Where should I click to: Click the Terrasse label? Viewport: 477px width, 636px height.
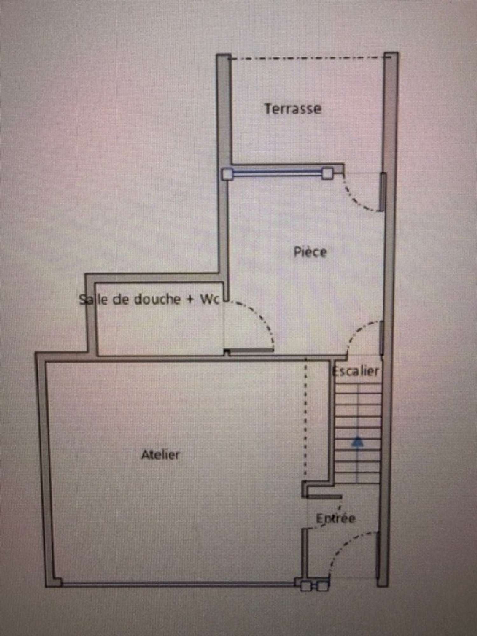click(x=293, y=109)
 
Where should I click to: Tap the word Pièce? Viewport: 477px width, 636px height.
click(x=310, y=252)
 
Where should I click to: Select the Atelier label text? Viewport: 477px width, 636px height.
click(x=160, y=454)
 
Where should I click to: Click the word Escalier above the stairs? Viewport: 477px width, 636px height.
click(x=355, y=371)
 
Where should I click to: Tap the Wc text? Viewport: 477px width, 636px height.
click(x=210, y=299)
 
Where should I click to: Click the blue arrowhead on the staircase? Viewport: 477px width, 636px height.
click(x=358, y=442)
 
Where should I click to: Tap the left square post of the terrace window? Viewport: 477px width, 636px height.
click(x=226, y=174)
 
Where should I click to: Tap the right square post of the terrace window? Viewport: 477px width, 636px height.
click(x=327, y=174)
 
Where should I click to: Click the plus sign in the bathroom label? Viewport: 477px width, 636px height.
click(x=190, y=300)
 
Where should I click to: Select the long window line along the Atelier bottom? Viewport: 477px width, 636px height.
click(x=178, y=583)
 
